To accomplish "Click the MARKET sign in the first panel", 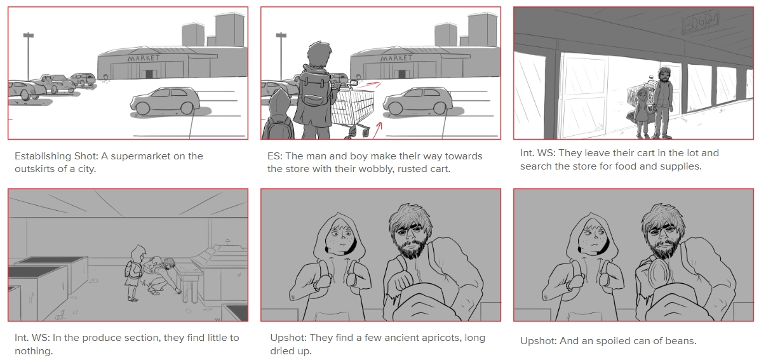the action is click(x=144, y=58).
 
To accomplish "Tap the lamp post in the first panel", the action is click(x=28, y=57).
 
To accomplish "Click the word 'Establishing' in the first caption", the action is click(x=43, y=157).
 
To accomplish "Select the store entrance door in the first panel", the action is click(x=149, y=74).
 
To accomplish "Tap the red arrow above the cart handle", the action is click(x=368, y=84).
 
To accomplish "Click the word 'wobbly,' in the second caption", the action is click(x=377, y=169).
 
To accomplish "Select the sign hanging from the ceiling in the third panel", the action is click(x=701, y=22).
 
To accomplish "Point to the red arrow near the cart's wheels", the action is click(x=377, y=130).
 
